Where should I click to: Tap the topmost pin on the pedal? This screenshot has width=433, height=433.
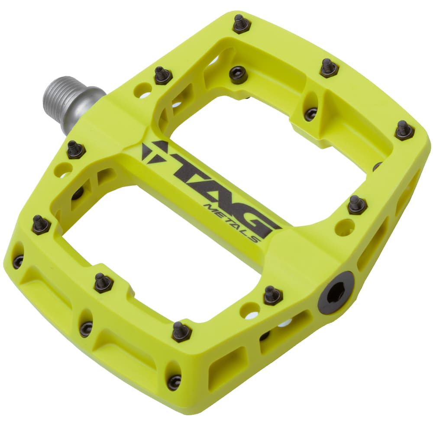(242, 23)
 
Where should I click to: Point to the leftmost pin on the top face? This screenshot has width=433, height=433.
(41, 224)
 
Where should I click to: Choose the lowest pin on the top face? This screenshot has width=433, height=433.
(182, 332)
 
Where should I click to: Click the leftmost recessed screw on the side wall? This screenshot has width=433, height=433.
(18, 261)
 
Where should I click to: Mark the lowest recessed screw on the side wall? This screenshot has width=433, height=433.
(174, 381)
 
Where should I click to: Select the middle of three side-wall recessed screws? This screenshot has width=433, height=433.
(86, 329)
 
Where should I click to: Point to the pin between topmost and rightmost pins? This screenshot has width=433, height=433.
(329, 68)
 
